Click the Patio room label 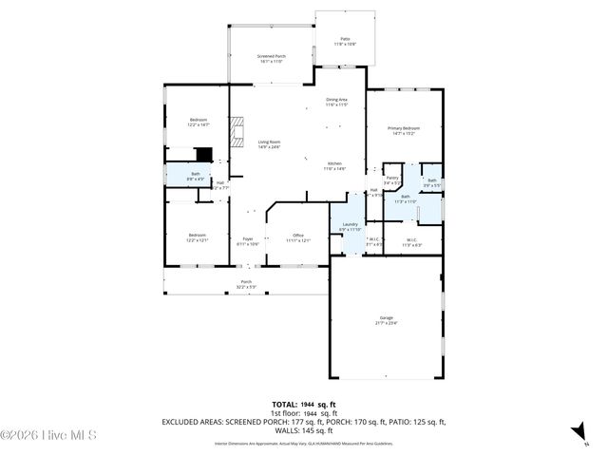coord(344,41)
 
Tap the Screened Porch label coord(272,59)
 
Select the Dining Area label coord(337,102)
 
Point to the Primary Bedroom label coord(403,130)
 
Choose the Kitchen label coord(334,165)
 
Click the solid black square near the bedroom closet coord(203,154)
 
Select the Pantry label coord(391,180)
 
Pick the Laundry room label coord(351,226)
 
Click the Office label coord(297,237)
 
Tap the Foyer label coord(247,240)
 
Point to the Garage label coord(387,319)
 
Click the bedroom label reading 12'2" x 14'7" coord(197,122)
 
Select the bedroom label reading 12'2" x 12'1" coord(197,237)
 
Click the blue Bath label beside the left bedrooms coord(195,176)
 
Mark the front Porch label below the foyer coord(245,284)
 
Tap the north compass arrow coord(577,435)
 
